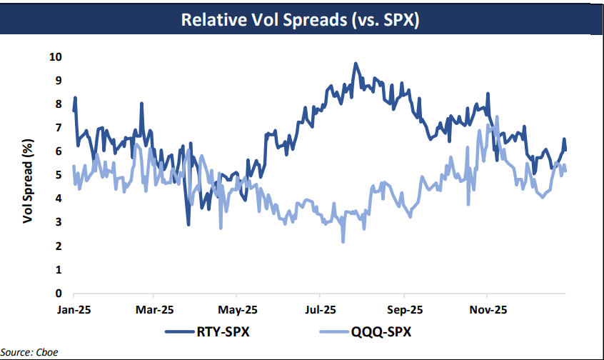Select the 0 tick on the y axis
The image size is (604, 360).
[x=59, y=294]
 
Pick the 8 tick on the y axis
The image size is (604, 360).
[x=59, y=104]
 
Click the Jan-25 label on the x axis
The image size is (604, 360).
[x=74, y=310]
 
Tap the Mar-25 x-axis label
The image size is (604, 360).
[x=155, y=310]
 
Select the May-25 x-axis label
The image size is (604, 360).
[x=238, y=310]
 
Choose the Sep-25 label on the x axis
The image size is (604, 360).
[x=404, y=310]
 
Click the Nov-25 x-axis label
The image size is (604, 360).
[x=487, y=310]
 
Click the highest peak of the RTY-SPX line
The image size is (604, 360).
[x=355, y=64]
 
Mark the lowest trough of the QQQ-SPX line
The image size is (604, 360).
[x=343, y=241]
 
